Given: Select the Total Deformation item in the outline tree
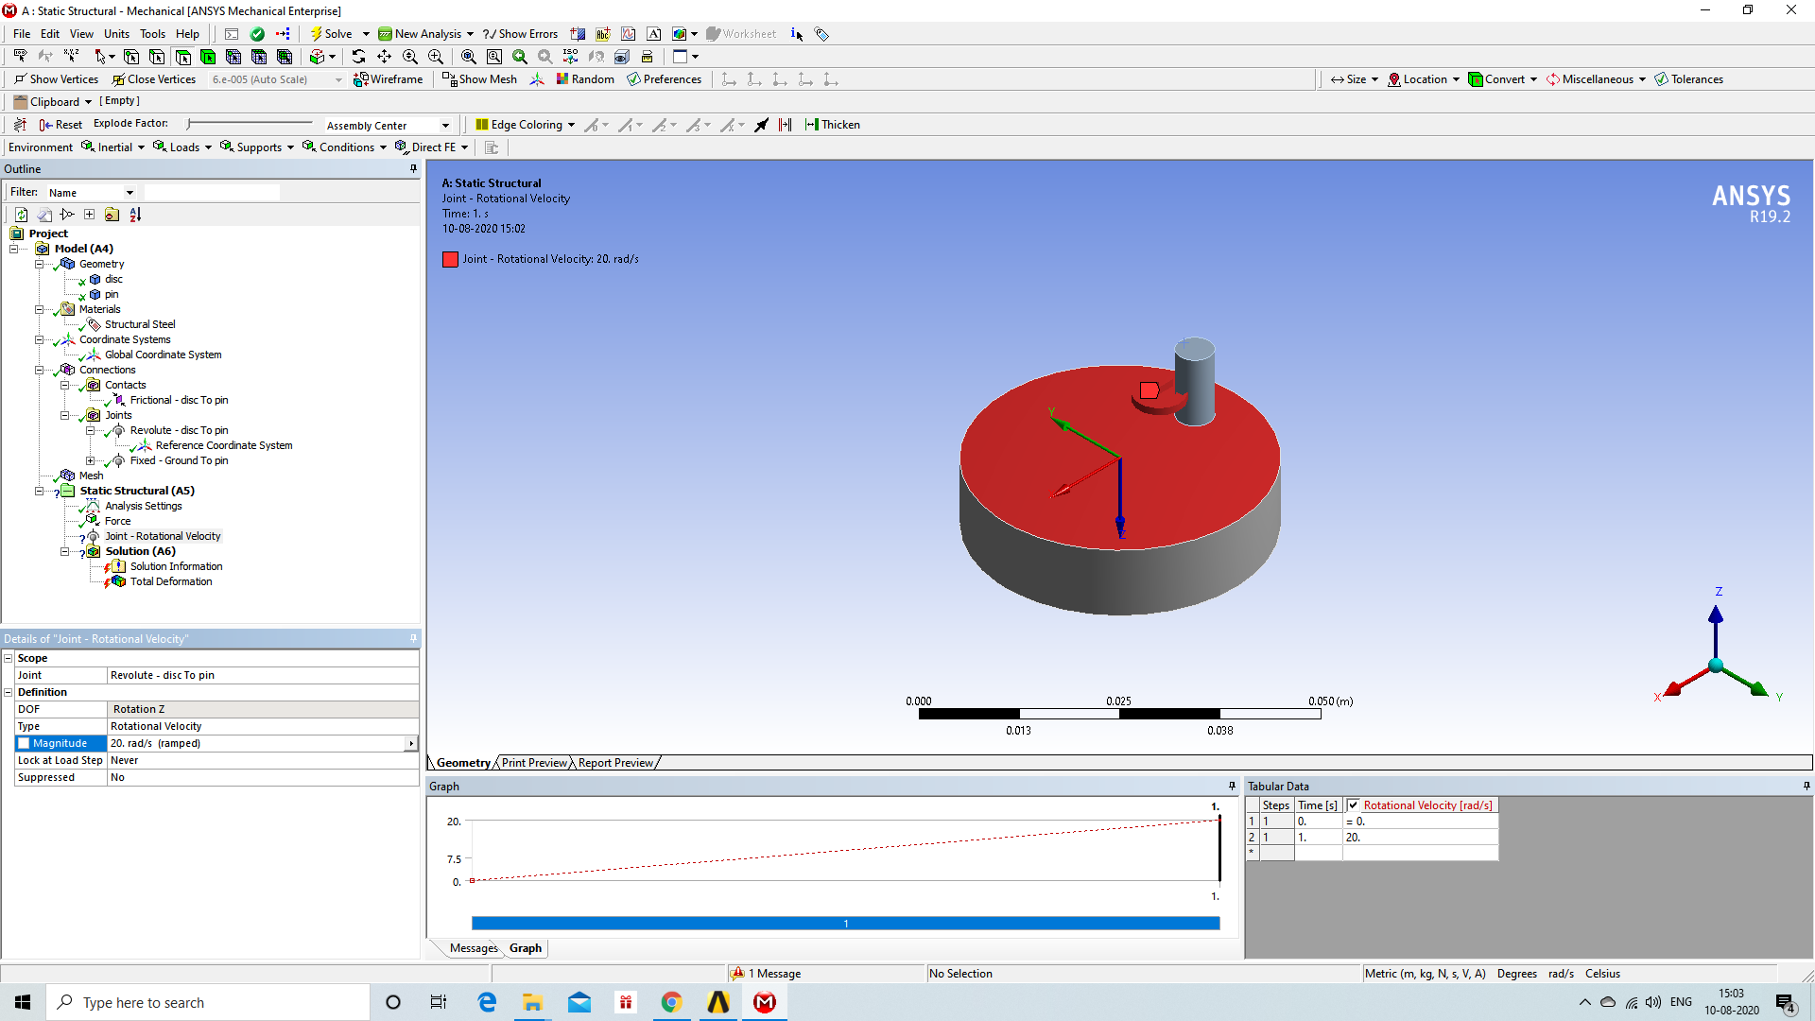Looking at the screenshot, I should (170, 581).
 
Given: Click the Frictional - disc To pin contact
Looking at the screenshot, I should (179, 400).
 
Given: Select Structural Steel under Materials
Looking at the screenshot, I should (140, 324).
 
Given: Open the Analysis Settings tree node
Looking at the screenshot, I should (143, 506).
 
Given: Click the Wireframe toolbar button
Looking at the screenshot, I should (389, 79).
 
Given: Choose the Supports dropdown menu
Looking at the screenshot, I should (258, 147).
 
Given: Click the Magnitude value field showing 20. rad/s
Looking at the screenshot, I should (255, 743).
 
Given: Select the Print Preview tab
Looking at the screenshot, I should (534, 763).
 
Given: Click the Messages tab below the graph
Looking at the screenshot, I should (474, 948).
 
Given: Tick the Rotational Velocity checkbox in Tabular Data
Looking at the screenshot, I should (1353, 805).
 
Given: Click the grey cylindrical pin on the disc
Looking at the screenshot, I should (1195, 383).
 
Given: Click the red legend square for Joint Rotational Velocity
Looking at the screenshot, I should (450, 259).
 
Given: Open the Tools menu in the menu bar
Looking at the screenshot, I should (152, 34).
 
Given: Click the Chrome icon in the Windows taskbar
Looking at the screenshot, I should (671, 1002).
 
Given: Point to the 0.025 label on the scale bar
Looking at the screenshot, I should (1118, 701).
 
